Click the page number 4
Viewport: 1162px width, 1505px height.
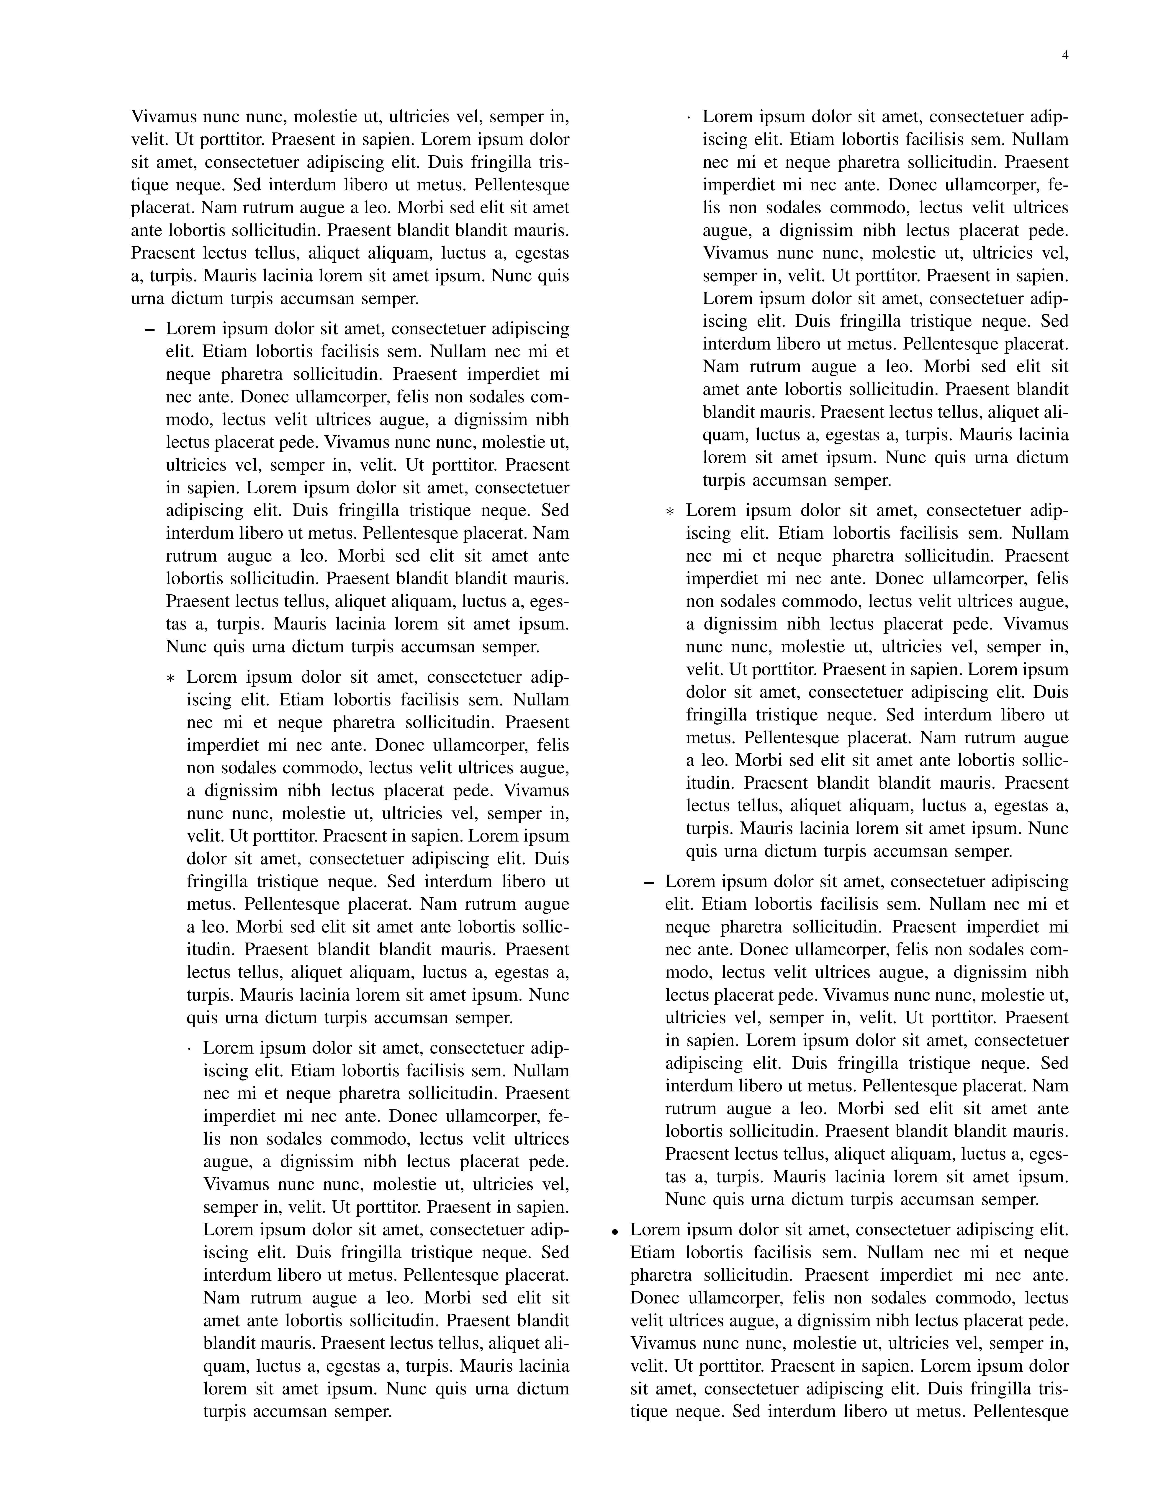(x=1065, y=56)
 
